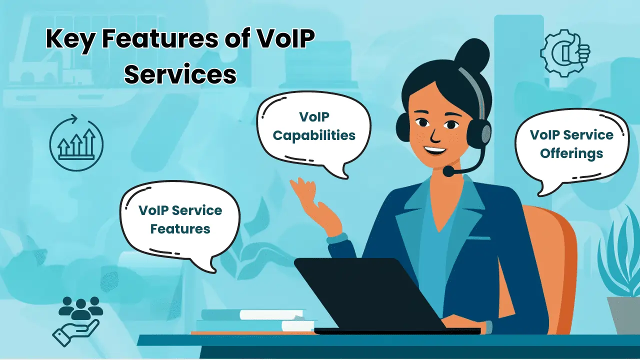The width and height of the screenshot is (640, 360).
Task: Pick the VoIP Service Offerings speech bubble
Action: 571,145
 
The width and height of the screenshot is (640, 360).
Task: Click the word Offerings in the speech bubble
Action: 571,153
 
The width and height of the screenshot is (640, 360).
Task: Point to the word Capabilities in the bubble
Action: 314,135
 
